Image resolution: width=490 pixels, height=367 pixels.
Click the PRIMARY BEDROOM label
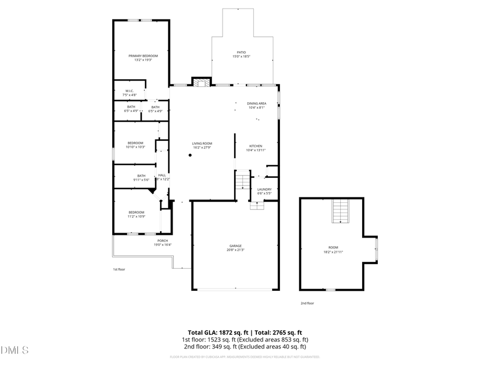143,56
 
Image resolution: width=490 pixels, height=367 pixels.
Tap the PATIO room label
241,52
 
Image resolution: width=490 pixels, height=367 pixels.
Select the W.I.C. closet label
130,91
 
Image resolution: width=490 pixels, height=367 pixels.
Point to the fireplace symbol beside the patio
201,83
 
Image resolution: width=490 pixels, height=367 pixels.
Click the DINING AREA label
256,103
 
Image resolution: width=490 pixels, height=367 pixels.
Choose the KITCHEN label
256,146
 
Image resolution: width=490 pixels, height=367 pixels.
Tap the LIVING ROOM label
201,144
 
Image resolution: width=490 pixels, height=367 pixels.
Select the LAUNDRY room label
264,189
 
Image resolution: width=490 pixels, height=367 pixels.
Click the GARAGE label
235,246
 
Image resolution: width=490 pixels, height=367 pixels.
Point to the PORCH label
162,241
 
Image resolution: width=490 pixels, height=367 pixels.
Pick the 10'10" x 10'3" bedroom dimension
135,147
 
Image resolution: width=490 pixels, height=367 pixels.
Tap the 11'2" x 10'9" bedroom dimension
136,216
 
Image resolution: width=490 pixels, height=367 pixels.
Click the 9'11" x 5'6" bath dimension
141,179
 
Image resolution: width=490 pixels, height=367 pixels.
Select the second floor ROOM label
333,247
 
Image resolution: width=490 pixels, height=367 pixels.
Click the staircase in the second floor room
340,211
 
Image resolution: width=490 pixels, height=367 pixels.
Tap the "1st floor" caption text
119,269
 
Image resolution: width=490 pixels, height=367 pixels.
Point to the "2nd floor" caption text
307,303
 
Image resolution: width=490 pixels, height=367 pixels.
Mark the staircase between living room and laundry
242,181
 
